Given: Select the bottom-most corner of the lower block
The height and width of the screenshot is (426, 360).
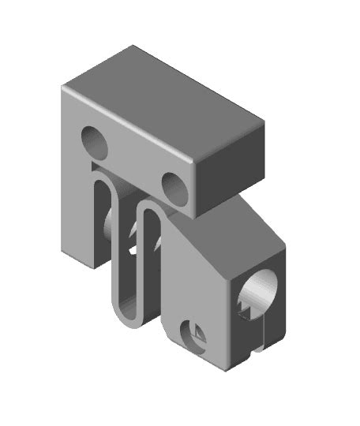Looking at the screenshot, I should [x=229, y=369].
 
